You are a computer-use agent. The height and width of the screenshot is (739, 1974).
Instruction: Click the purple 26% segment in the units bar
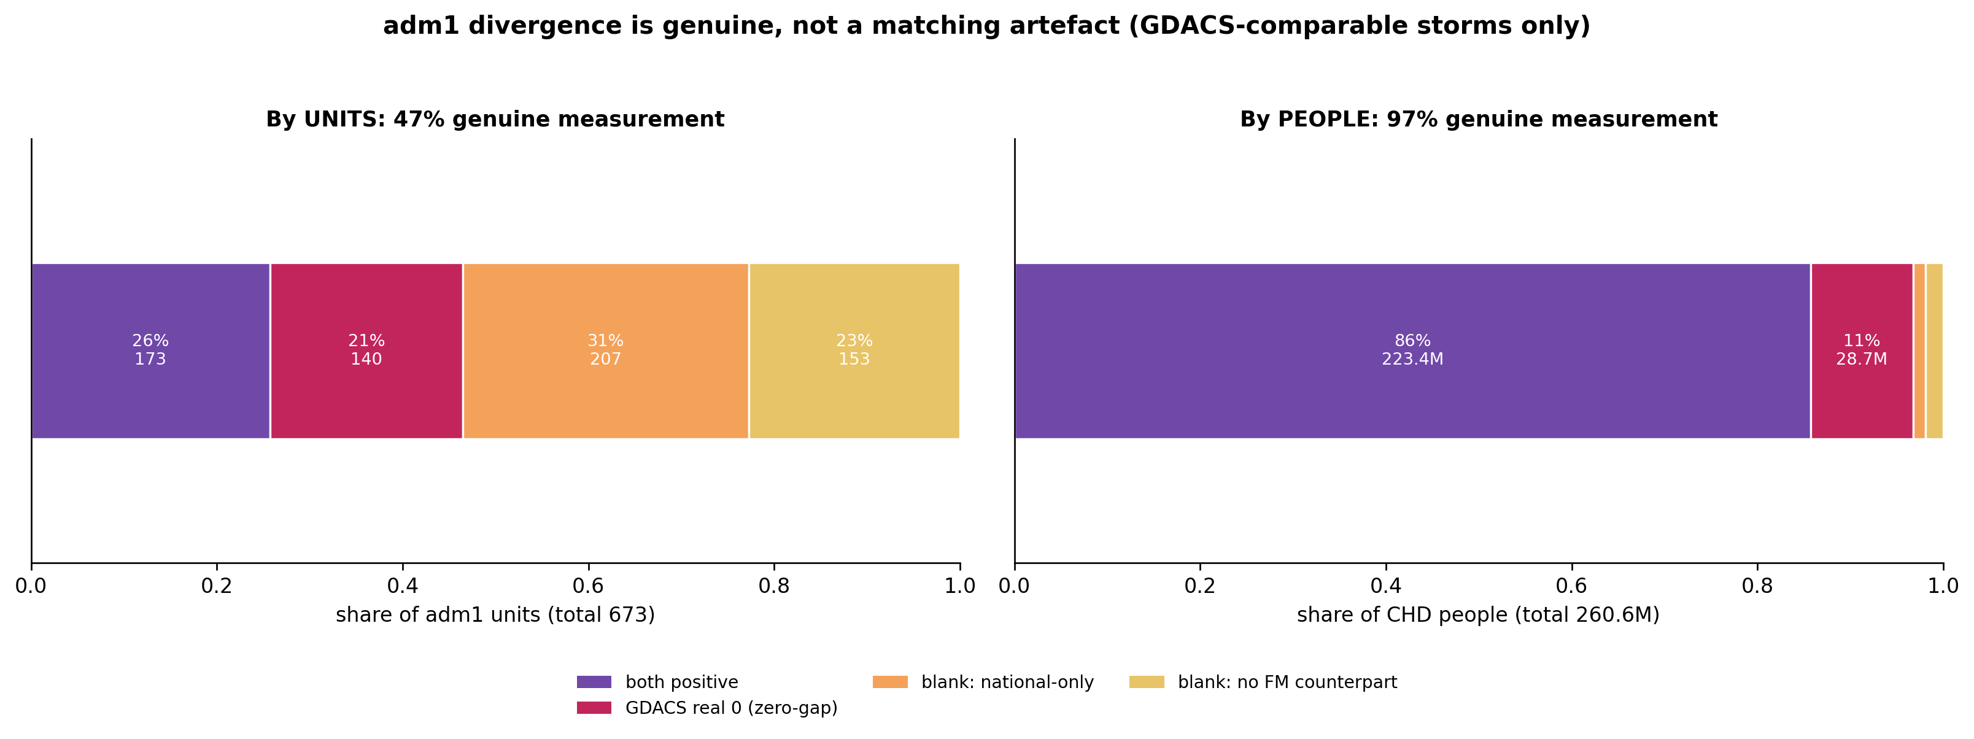pyautogui.click(x=151, y=351)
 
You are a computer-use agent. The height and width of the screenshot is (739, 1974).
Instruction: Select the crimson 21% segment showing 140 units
pyautogui.click(x=366, y=351)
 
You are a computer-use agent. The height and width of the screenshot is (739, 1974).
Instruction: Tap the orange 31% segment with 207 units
pyautogui.click(x=605, y=351)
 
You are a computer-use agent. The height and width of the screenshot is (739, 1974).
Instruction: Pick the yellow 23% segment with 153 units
pyautogui.click(x=854, y=351)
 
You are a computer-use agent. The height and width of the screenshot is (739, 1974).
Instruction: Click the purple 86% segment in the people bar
pyautogui.click(x=1412, y=351)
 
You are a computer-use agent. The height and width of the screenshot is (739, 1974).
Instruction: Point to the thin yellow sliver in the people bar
pyautogui.click(x=1935, y=351)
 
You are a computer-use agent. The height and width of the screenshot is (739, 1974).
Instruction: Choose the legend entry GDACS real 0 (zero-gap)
pyautogui.click(x=707, y=708)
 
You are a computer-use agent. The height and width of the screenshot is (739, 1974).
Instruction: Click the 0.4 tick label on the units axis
pyautogui.click(x=402, y=586)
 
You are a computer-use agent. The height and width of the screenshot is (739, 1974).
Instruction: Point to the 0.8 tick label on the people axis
pyautogui.click(x=1757, y=586)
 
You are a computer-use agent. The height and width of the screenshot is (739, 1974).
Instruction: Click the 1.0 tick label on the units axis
pyautogui.click(x=960, y=586)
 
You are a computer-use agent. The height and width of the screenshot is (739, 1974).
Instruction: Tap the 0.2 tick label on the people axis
pyautogui.click(x=1200, y=586)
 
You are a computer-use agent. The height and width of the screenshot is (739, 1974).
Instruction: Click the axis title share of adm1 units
pyautogui.click(x=495, y=616)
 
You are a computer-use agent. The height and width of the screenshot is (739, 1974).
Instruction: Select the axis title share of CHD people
pyautogui.click(x=1478, y=616)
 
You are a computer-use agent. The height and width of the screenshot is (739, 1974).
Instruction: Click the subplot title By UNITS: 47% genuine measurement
pyautogui.click(x=495, y=120)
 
